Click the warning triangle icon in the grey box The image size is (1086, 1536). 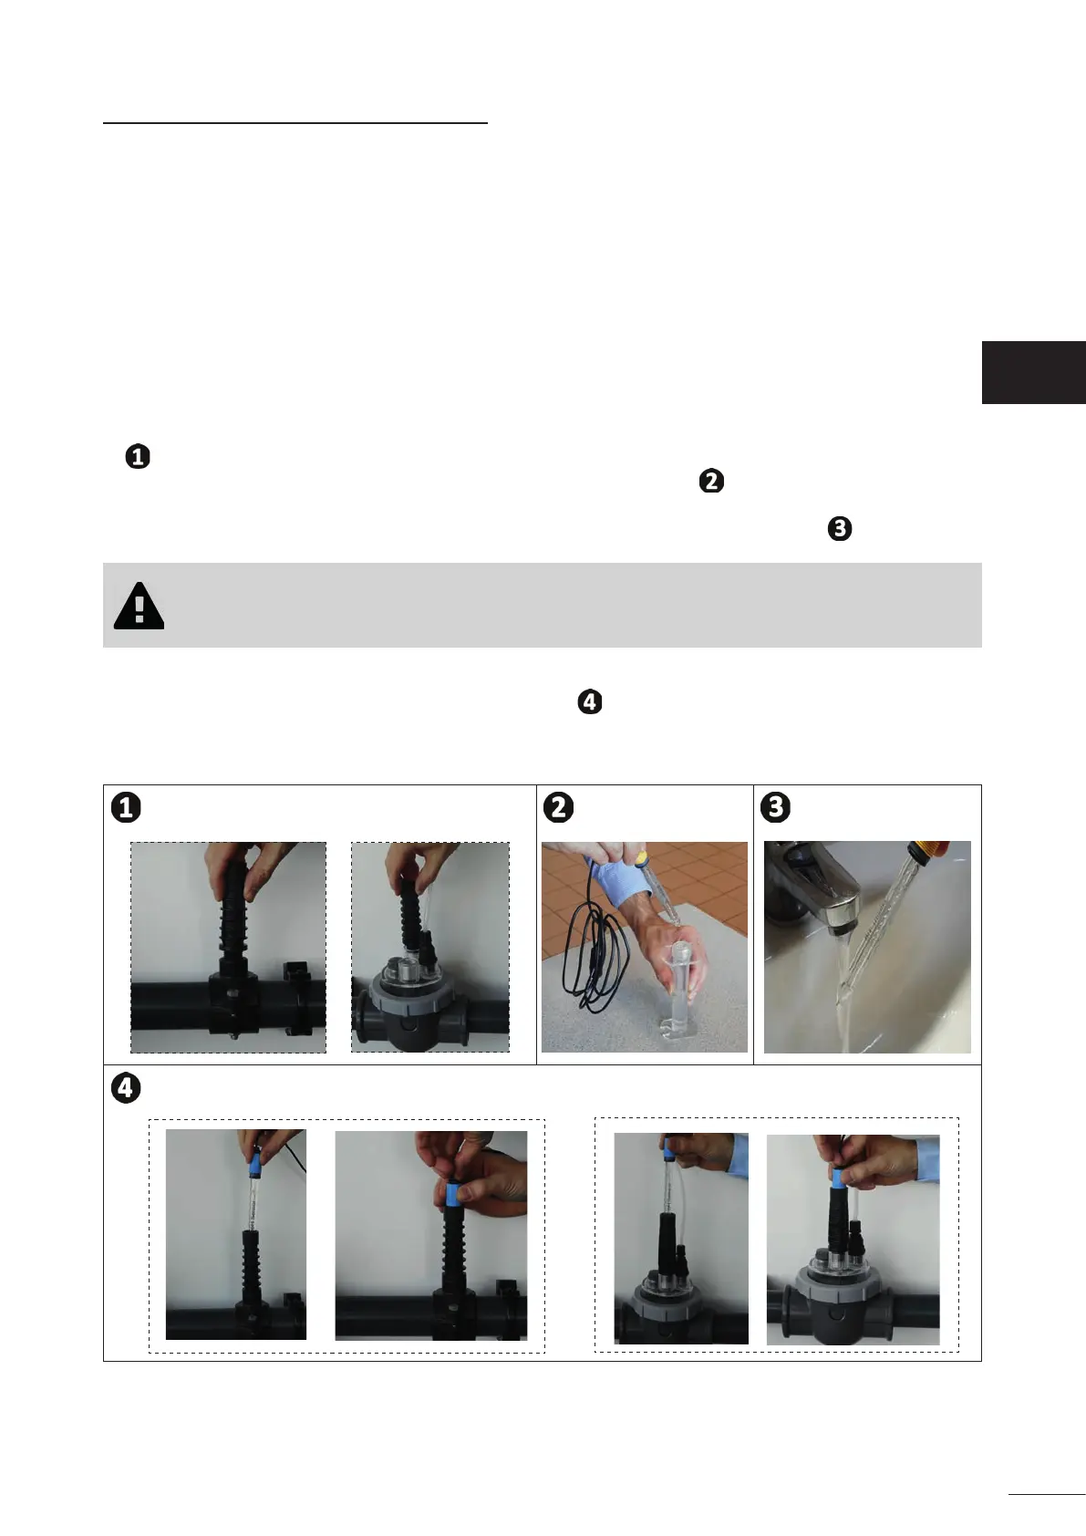(139, 607)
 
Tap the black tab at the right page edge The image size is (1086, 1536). (1034, 372)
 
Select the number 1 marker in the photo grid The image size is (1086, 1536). (126, 807)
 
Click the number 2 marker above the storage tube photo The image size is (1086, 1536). (558, 807)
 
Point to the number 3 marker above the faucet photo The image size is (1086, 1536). (775, 807)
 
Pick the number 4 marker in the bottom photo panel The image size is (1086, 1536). (126, 1088)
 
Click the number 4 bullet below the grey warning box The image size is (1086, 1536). (590, 702)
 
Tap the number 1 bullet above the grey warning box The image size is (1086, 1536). (138, 457)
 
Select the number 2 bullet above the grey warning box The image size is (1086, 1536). (711, 481)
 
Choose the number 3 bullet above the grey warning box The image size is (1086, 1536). (840, 529)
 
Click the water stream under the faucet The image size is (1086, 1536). (844, 988)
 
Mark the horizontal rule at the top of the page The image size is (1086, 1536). (295, 123)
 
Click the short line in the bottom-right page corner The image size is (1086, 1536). (1047, 1493)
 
